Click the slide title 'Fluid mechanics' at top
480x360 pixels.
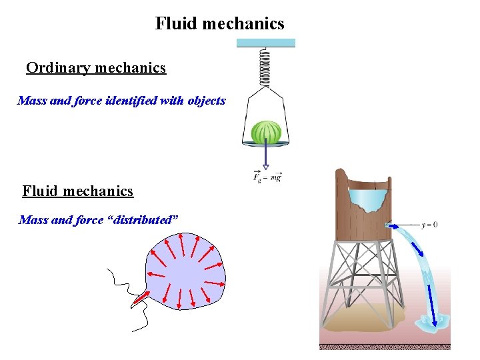[220, 24]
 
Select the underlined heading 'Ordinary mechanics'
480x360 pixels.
[96, 68]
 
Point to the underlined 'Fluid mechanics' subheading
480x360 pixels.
[78, 191]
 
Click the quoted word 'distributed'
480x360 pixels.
[143, 220]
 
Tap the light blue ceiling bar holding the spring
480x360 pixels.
[265, 43]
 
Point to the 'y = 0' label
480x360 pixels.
[429, 225]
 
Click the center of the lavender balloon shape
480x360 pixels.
[185, 273]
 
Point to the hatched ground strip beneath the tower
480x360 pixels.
[385, 347]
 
